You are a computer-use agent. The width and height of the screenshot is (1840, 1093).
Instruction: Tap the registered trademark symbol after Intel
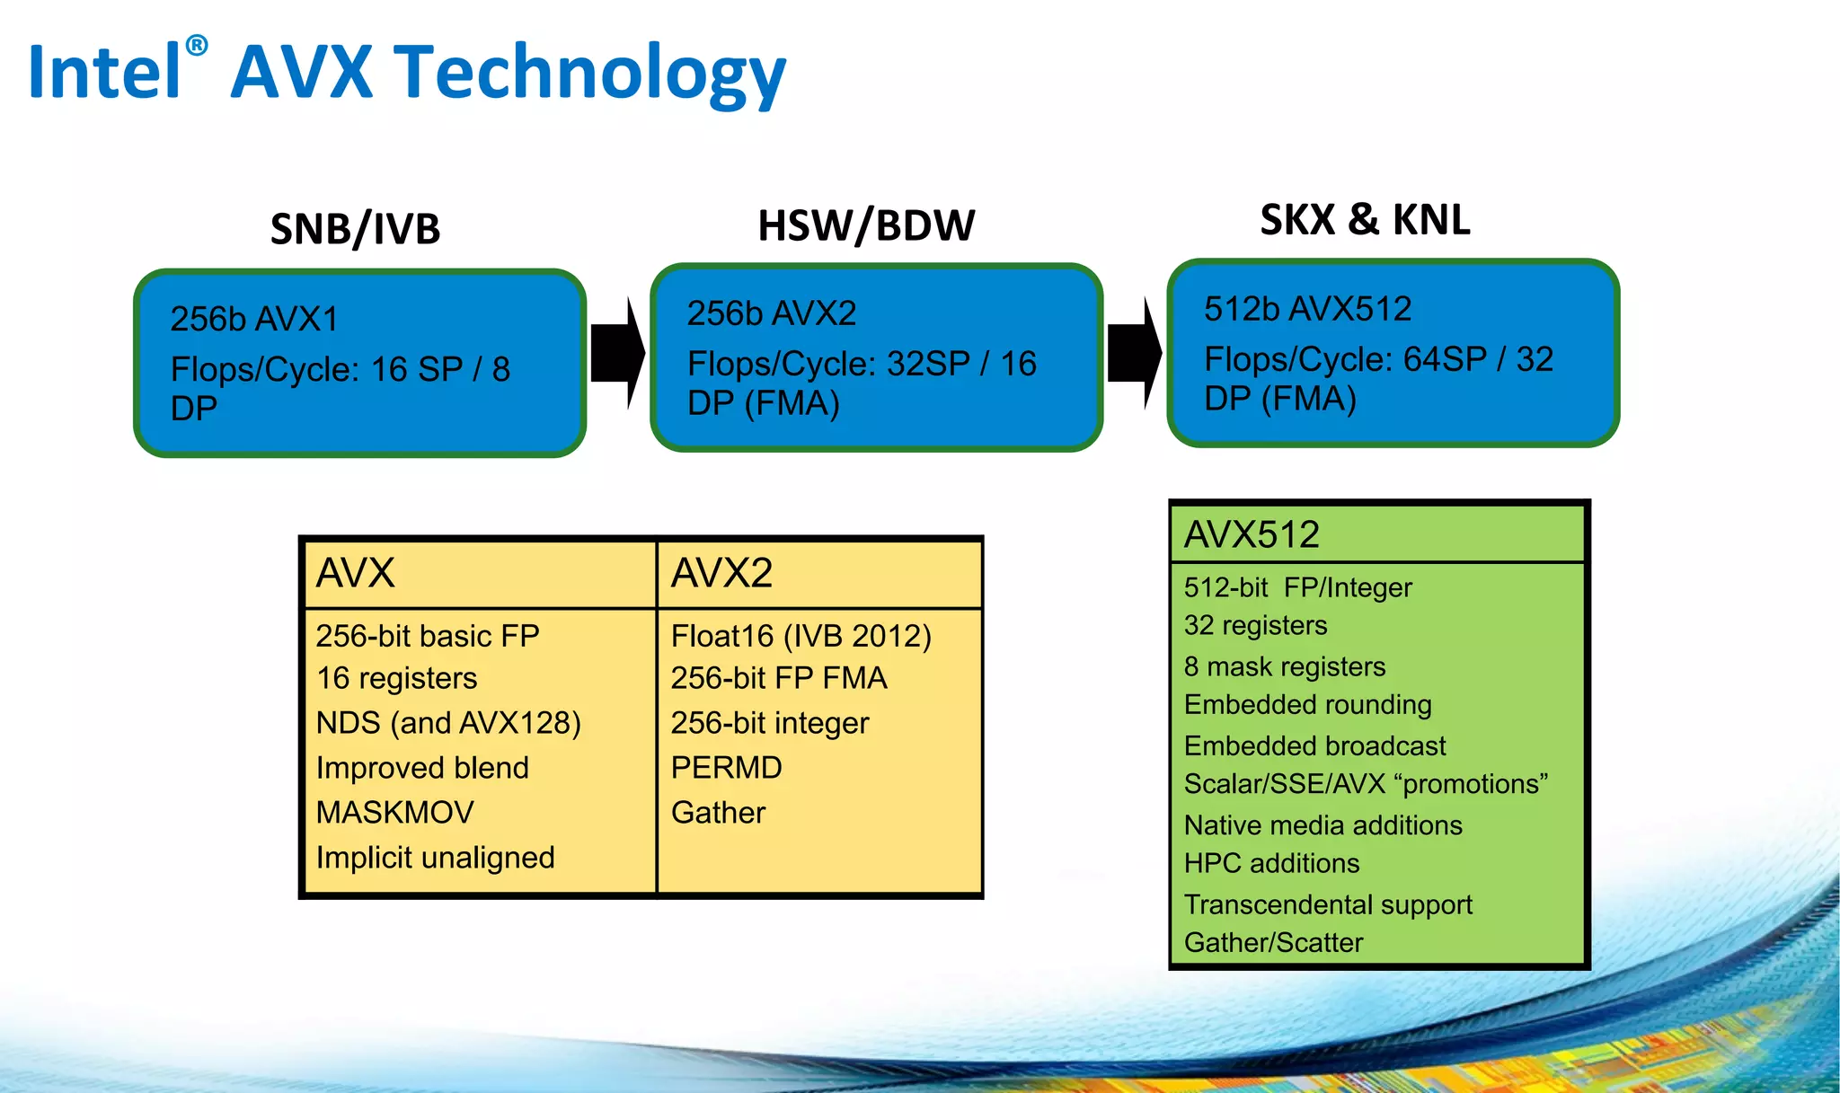tap(197, 46)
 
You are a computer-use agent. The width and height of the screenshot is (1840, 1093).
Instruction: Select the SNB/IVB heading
tap(355, 229)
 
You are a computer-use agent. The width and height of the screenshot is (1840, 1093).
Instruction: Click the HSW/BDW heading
tap(866, 225)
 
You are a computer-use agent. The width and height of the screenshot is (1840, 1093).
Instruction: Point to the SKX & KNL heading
tap(1365, 220)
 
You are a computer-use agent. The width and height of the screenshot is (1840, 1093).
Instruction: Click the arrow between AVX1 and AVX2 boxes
tap(618, 354)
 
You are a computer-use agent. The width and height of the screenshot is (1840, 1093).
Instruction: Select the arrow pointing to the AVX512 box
tap(1135, 354)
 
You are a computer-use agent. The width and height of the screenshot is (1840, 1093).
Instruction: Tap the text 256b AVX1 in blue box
tap(254, 319)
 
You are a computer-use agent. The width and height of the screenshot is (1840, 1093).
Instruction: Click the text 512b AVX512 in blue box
tap(1307, 309)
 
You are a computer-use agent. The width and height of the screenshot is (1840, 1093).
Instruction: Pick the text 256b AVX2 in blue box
tap(772, 313)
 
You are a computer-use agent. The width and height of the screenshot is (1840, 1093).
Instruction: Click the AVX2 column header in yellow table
tap(721, 573)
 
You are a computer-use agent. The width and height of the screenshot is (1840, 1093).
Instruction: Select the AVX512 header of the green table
tap(1252, 535)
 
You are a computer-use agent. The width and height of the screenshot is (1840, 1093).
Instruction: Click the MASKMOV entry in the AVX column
tap(394, 813)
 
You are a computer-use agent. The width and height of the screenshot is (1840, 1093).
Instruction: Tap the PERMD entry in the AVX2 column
tap(726, 768)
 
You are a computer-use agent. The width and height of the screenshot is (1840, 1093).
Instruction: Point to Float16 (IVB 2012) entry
tap(801, 636)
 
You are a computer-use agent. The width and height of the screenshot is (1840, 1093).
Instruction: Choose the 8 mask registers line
tap(1285, 666)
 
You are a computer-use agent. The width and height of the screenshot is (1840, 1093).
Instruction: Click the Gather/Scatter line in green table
tap(1273, 942)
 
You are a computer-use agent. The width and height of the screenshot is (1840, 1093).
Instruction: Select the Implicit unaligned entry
tap(435, 858)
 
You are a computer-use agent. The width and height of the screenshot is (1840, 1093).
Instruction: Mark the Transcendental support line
tap(1328, 904)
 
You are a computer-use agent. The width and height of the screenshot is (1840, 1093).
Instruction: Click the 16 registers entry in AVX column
tap(396, 678)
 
